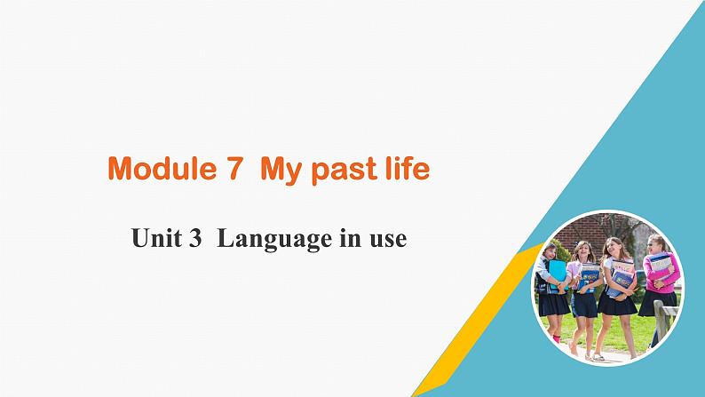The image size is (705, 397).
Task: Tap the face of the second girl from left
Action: [584, 252]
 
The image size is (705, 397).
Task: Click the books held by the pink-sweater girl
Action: [658, 266]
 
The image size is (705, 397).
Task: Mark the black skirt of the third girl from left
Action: [616, 304]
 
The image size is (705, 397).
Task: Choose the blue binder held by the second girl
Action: [589, 277]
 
